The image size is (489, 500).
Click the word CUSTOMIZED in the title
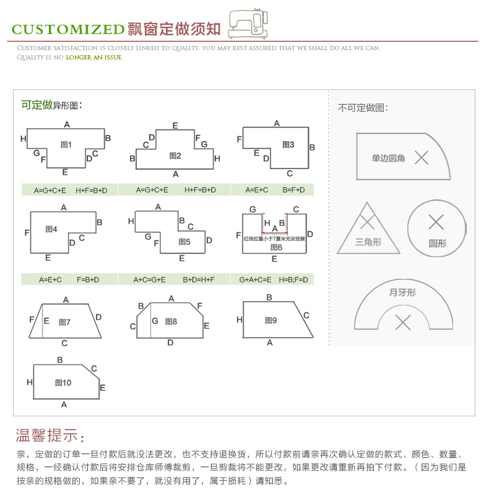click(x=68, y=29)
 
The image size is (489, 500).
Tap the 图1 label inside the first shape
click(x=66, y=145)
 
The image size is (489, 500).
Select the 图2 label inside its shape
click(x=175, y=156)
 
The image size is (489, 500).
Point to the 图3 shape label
click(x=288, y=144)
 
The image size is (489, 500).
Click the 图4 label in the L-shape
click(x=51, y=229)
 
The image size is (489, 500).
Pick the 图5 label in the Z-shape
click(x=184, y=242)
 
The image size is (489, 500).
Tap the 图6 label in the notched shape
click(x=276, y=247)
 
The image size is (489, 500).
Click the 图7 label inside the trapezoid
click(x=64, y=322)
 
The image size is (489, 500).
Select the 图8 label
click(x=171, y=322)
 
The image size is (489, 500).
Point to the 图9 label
click(x=270, y=320)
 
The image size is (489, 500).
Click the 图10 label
click(x=63, y=383)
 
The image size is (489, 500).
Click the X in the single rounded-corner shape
click(x=422, y=157)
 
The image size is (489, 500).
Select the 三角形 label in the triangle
click(x=368, y=242)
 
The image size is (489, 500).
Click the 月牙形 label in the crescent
click(x=402, y=292)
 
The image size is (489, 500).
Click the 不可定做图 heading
click(x=363, y=108)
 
